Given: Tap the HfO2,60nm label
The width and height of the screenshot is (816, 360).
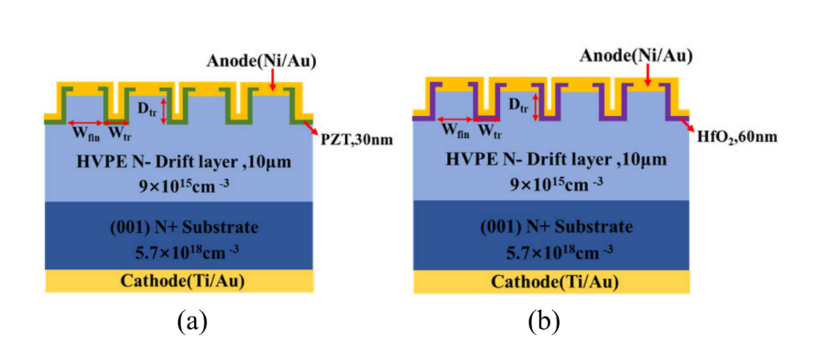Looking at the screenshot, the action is [734, 136].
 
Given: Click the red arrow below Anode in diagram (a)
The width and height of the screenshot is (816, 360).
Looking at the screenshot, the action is [273, 81].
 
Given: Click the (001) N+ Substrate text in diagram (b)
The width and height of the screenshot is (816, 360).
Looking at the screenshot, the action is [552, 227].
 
